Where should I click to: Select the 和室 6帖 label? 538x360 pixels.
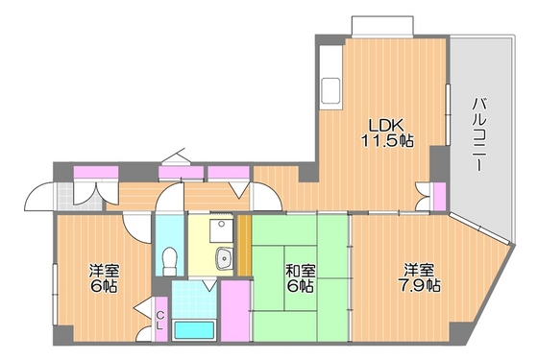tap(298, 277)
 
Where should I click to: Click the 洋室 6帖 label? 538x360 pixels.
tap(103, 278)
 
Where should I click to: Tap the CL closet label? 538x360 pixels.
tap(161, 320)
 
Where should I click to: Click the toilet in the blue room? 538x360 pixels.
tap(169, 259)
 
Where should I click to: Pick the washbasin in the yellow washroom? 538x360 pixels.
tap(228, 257)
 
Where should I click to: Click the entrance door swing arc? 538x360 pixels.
tap(38, 198)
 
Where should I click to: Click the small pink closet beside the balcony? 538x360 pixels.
tap(439, 196)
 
